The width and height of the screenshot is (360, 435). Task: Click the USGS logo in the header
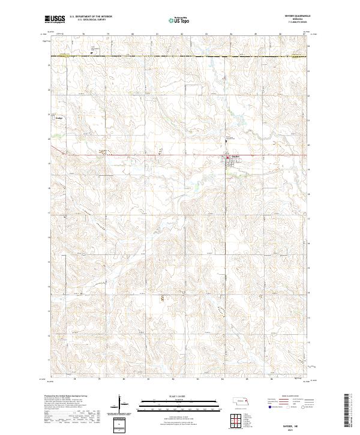tap(55, 19)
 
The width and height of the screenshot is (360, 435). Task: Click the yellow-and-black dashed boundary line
tap(180, 56)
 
